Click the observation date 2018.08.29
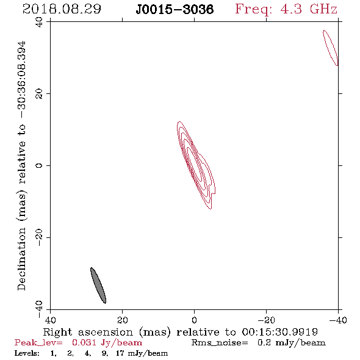click(x=62, y=9)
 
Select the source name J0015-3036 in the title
click(x=175, y=9)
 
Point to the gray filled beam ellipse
click(x=98, y=286)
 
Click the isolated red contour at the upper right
click(x=331, y=48)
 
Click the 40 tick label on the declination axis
click(x=39, y=22)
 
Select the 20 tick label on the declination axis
click(x=39, y=94)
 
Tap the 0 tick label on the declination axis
click(x=39, y=165)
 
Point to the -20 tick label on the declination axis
click(x=39, y=237)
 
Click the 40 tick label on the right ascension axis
click(x=51, y=320)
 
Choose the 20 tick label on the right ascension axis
click(x=123, y=320)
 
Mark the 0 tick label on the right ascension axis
click(x=195, y=320)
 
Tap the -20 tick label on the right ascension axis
click(x=266, y=320)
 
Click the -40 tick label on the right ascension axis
click(x=338, y=320)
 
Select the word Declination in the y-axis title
click(x=21, y=259)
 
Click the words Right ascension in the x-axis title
click(x=88, y=332)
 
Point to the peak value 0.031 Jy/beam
click(x=107, y=343)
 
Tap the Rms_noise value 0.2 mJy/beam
click(x=292, y=343)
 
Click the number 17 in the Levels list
click(x=120, y=353)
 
